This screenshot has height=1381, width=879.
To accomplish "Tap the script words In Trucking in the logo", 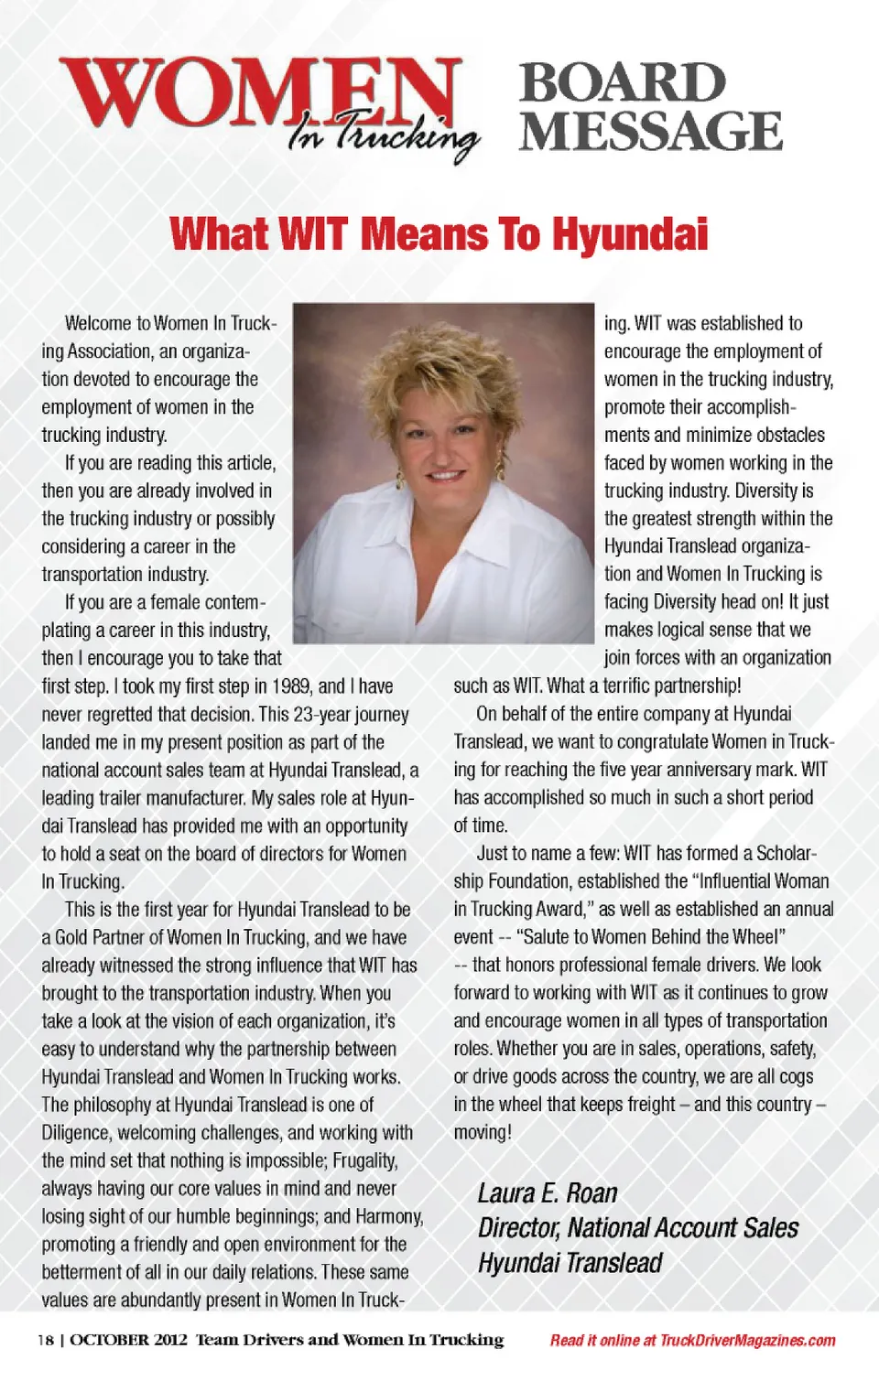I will pos(385,136).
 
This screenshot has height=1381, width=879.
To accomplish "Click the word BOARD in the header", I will pos(623,83).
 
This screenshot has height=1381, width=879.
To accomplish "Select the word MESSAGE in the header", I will pos(651,131).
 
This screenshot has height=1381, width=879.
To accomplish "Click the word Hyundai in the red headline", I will pos(630,234).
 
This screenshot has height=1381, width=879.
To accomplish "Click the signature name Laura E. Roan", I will pos(548,1193).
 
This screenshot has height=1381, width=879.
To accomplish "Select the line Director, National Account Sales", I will pos(638,1228).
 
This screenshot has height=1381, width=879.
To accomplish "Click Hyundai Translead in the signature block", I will pos(570,1263).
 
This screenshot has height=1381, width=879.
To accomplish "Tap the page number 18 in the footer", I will pos(45,1341).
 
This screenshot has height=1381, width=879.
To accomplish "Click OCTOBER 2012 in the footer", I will pos(129,1341).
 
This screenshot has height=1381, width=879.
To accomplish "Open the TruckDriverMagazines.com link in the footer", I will pos(747,1341).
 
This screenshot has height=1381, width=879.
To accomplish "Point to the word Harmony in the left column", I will pos(389,1216).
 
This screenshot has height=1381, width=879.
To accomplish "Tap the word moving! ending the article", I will pos(483,1132).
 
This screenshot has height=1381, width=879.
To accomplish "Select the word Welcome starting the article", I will pos(98,323).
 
